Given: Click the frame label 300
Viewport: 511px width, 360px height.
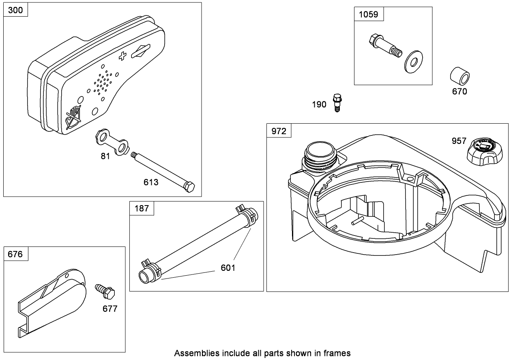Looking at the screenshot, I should click(x=16, y=10).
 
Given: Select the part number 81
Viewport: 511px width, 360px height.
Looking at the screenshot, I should click(x=105, y=156).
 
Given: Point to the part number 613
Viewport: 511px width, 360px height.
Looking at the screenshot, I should click(x=151, y=182).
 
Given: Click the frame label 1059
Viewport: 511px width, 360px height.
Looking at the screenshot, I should click(x=369, y=14).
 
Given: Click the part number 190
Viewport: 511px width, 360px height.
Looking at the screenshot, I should click(x=319, y=105).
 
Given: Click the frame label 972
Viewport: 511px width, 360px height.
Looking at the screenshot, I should click(x=279, y=131).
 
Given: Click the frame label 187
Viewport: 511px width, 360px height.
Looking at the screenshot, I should click(x=142, y=209).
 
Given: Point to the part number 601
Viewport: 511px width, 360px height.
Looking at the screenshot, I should click(x=228, y=268).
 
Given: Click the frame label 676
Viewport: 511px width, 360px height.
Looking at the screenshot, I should click(x=16, y=254).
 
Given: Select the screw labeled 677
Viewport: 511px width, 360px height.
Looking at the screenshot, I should click(x=105, y=291).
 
